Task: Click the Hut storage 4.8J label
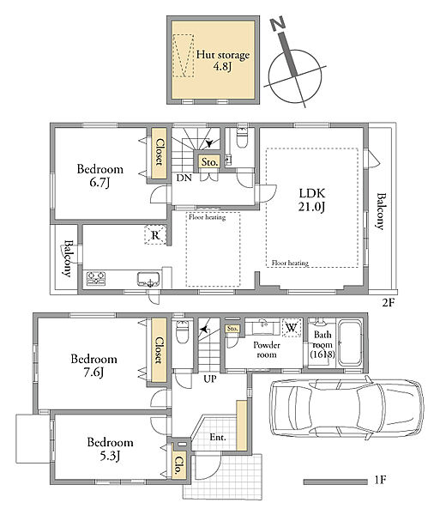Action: [223, 60]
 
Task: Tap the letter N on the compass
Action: [278, 25]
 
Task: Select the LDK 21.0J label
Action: [311, 200]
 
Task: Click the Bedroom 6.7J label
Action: [100, 175]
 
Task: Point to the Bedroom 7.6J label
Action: [93, 366]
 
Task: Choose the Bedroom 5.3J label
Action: [111, 449]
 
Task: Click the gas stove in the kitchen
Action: [96, 278]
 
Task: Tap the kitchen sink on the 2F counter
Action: [149, 279]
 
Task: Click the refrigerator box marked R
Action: [155, 234]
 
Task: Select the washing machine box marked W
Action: [292, 328]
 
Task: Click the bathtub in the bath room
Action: [350, 343]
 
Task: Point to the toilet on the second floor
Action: [242, 137]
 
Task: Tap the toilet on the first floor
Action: [182, 331]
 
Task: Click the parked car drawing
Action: [346, 409]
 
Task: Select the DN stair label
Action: [184, 178]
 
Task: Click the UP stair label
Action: [209, 379]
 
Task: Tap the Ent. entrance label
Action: [218, 437]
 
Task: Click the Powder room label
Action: [267, 350]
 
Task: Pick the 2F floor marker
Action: [388, 302]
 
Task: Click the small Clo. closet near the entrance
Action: [178, 464]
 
